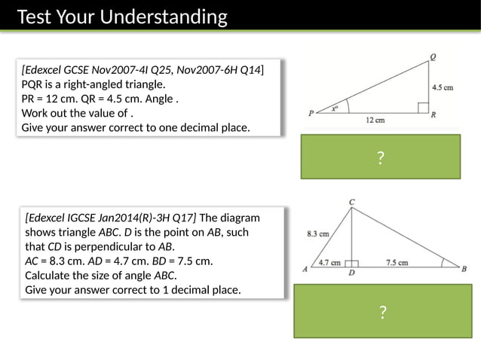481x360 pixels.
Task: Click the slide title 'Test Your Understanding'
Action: [121, 17]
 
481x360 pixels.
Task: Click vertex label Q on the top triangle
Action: [433, 56]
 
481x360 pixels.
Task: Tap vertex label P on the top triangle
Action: [311, 114]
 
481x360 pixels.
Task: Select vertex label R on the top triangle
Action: [434, 115]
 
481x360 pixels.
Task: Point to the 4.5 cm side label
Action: [443, 87]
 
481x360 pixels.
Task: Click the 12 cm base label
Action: [375, 120]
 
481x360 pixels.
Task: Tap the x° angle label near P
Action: [335, 108]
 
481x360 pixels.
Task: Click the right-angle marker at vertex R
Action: [423, 108]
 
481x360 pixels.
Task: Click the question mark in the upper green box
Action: [381, 157]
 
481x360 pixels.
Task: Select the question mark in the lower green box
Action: [383, 312]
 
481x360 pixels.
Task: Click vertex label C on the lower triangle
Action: [352, 202]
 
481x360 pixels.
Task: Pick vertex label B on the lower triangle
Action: [464, 269]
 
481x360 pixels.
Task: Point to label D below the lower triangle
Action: [351, 274]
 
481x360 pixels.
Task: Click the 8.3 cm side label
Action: [317, 233]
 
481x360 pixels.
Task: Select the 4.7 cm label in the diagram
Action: [329, 263]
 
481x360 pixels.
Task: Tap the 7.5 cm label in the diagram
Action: [397, 263]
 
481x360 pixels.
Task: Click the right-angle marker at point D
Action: [352, 264]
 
